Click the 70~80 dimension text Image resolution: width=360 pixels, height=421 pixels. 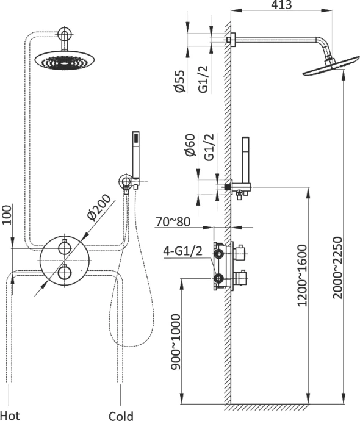click(x=173, y=222)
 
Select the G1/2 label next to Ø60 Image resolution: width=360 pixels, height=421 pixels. click(x=209, y=147)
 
